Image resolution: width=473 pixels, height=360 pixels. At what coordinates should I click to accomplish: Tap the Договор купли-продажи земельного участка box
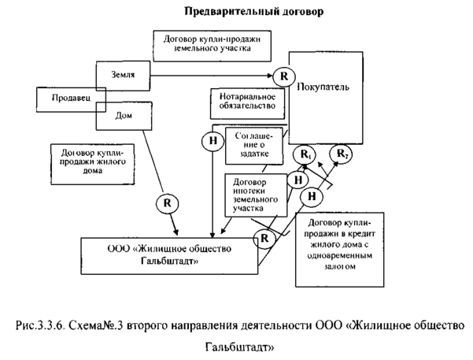click(x=212, y=46)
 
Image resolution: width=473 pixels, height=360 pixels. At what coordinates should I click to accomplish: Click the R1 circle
click(x=304, y=154)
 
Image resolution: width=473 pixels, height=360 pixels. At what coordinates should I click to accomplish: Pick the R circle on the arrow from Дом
click(x=167, y=202)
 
